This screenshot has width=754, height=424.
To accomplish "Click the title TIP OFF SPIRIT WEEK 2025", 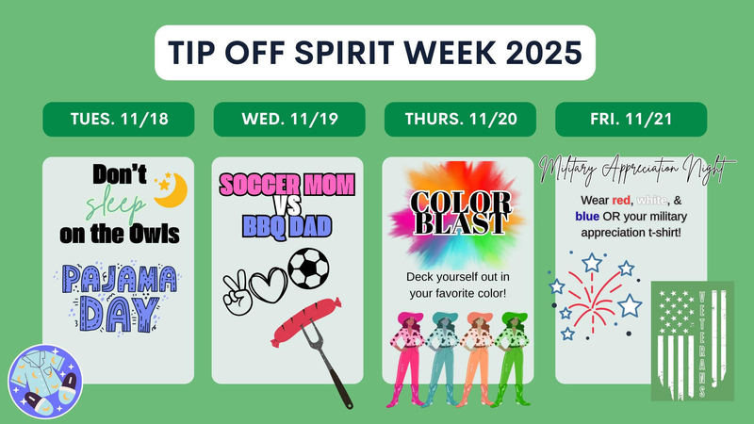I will [x=376, y=53].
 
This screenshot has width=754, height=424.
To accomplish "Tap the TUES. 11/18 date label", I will [x=118, y=120].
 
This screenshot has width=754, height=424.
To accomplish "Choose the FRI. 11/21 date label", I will [x=631, y=120].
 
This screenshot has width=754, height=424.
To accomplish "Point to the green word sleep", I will [x=116, y=206].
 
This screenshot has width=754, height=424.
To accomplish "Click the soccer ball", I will [x=308, y=269].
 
